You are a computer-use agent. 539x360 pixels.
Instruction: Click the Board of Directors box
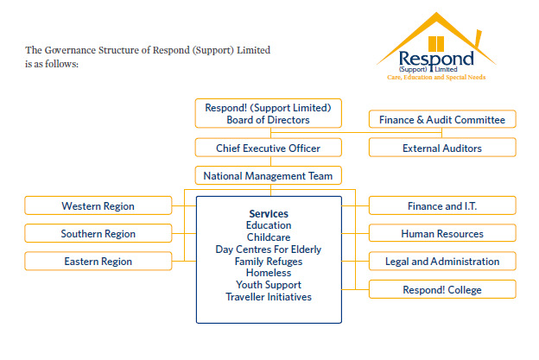[268, 114]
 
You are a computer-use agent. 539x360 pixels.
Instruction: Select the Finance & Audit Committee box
[441, 119]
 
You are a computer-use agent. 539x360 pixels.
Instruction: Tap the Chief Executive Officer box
[268, 148]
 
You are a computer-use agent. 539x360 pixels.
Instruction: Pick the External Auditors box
[441, 148]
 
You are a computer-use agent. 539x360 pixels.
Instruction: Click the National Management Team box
[268, 175]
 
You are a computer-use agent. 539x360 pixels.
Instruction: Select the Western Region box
[98, 205]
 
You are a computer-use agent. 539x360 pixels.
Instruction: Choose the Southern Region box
[98, 233]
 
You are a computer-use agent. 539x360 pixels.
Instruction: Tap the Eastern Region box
[98, 261]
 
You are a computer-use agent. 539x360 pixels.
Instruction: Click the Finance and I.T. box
[441, 205]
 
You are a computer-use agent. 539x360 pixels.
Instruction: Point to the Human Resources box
[441, 233]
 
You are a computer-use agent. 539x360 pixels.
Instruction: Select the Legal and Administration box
[441, 261]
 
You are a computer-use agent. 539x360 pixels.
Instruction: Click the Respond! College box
[441, 289]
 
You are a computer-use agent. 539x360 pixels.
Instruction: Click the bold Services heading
[268, 213]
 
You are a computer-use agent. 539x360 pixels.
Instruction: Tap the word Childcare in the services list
[268, 237]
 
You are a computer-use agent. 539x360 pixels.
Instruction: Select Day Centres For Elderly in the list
[268, 249]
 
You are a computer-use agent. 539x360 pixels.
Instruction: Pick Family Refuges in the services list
[268, 262]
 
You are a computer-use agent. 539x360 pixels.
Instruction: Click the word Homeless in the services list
[268, 273]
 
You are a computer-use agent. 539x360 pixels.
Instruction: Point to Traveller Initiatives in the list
[268, 297]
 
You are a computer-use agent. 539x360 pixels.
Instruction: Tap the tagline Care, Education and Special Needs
[435, 77]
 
